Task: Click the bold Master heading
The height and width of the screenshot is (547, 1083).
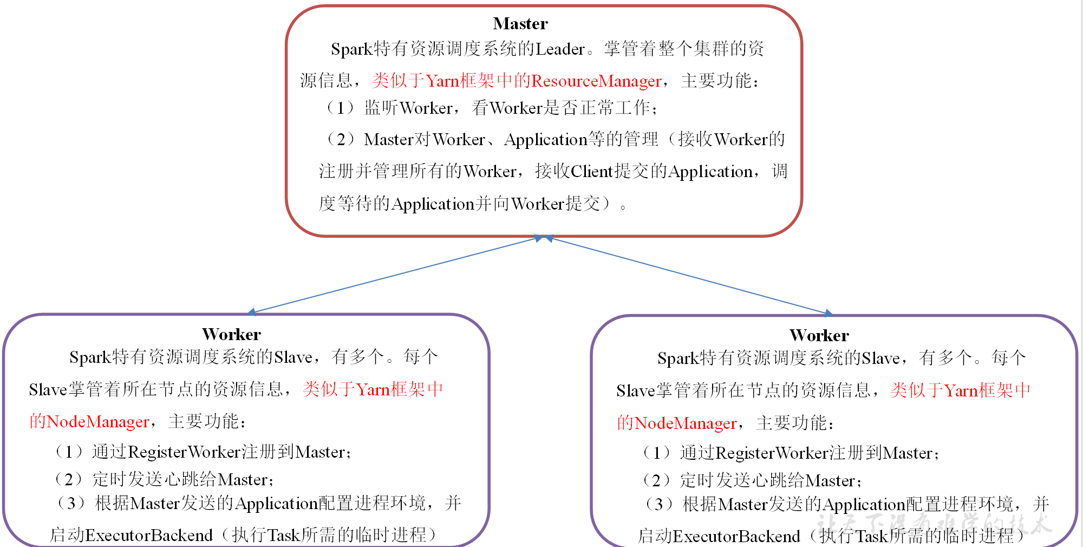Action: pos(520,24)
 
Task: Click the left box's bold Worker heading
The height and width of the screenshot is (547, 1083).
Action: pos(231,334)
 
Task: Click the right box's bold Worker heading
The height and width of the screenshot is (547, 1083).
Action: pos(819,335)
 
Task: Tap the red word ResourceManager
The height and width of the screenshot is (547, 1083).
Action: pos(596,81)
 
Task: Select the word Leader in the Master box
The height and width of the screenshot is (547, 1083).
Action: pos(560,49)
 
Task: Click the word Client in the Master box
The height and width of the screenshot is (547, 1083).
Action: pos(592,172)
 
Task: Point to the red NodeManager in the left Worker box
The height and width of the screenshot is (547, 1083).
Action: pos(97,422)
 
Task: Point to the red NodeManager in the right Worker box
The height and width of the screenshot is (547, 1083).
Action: pos(686,423)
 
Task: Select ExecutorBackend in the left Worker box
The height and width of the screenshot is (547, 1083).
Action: pos(149,536)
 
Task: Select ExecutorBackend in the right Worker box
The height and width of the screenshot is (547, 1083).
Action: pos(736,537)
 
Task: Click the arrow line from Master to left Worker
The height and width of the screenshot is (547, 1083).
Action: pos(395,275)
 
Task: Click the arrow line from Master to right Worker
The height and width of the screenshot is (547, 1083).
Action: pos(688,275)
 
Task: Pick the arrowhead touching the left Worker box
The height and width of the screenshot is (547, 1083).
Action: pos(252,312)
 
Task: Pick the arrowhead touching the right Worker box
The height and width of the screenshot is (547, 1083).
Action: pos(828,313)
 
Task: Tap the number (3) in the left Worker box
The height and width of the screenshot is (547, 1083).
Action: pos(71,504)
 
